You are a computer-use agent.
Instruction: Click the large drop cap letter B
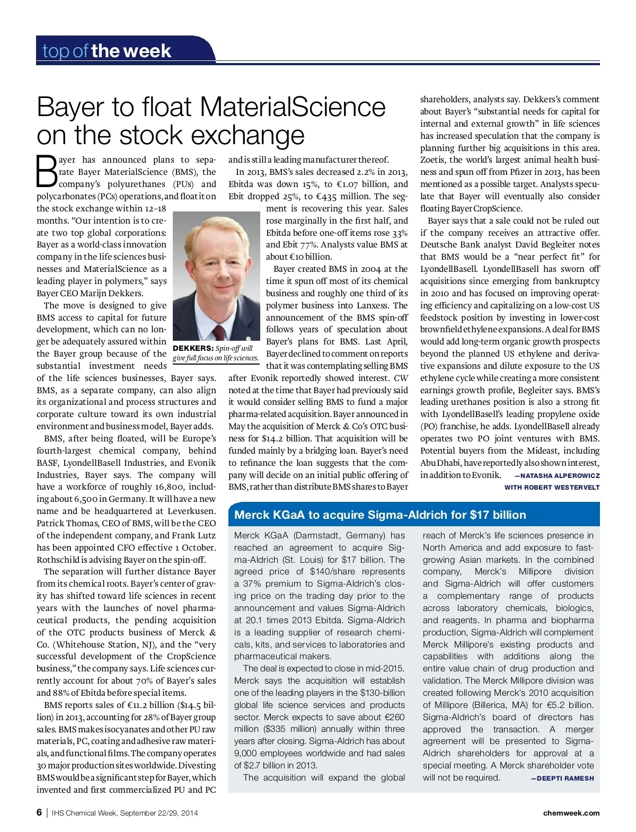[x=47, y=171]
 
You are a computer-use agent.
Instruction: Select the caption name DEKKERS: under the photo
[x=193, y=348]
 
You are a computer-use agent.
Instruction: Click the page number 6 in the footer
[x=39, y=812]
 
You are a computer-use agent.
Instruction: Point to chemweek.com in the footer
[x=571, y=813]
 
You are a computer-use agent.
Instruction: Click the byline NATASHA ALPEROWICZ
[x=560, y=476]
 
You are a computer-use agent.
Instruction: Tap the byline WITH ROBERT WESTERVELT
[x=552, y=488]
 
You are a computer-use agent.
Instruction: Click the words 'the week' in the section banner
[x=131, y=51]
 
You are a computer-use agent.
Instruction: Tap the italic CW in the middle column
[x=401, y=378]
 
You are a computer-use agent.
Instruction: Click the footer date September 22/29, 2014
[x=159, y=813]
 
